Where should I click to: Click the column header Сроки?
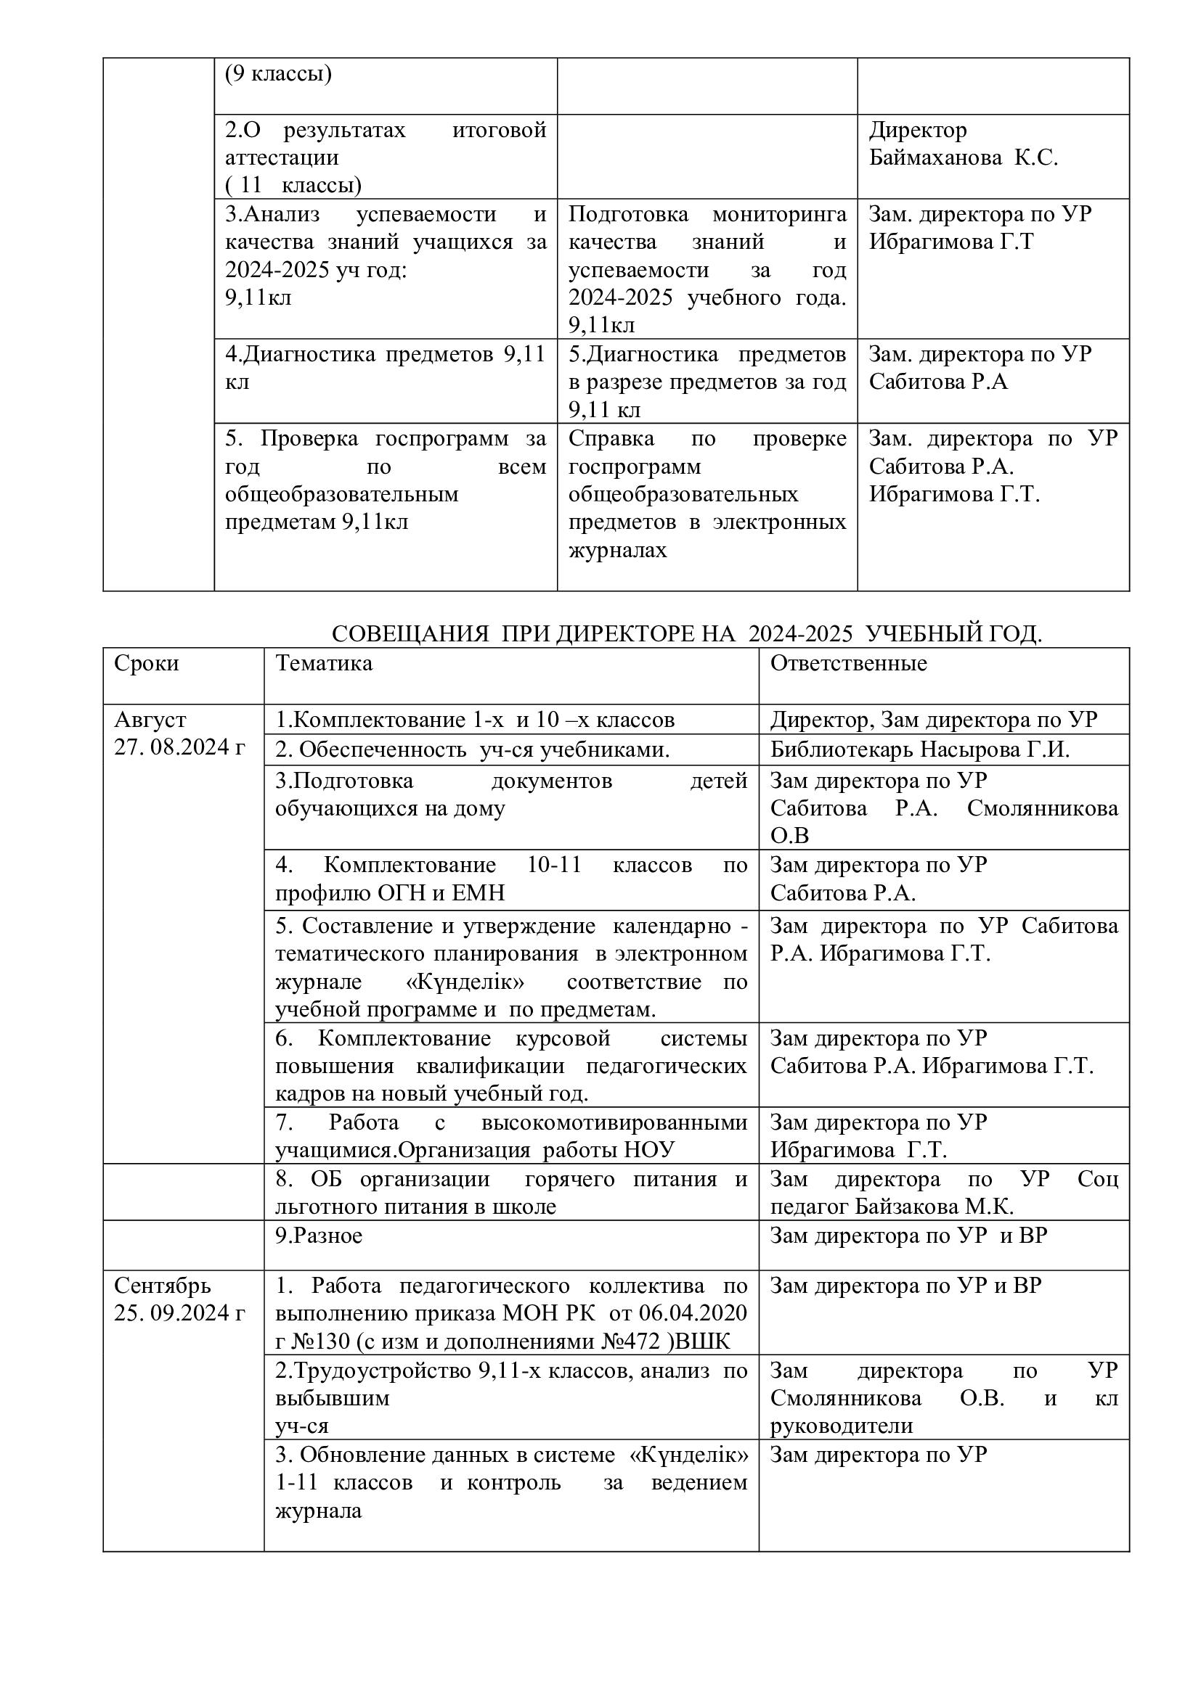pyautogui.click(x=147, y=663)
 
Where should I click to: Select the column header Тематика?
pyautogui.click(x=324, y=663)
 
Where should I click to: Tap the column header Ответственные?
pyautogui.click(x=848, y=663)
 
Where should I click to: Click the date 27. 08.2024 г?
pyautogui.click(x=179, y=747)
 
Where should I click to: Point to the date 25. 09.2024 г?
pyautogui.click(x=179, y=1312)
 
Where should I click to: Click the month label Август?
pyautogui.click(x=150, y=719)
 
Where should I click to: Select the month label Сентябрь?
pyautogui.click(x=163, y=1286)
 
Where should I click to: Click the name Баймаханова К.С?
pyautogui.click(x=963, y=157)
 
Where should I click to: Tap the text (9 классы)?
pyautogui.click(x=278, y=74)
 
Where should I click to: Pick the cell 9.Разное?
pyautogui.click(x=319, y=1235)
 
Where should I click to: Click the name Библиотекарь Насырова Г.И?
pyautogui.click(x=920, y=749)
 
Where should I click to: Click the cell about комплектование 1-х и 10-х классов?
pyautogui.click(x=475, y=719)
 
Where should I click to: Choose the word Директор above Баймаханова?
pyautogui.click(x=917, y=130)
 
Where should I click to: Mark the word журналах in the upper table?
pyautogui.click(x=617, y=550)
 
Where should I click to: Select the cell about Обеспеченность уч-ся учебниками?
pyautogui.click(x=473, y=749)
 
